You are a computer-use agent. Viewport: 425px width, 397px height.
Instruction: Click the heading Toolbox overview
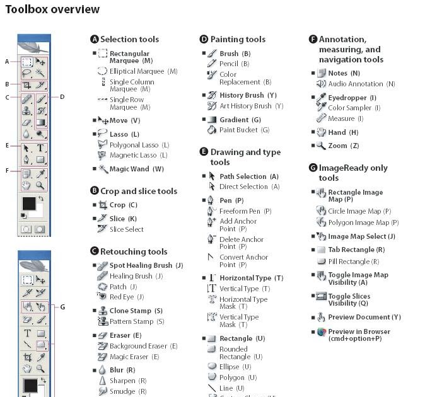pyautogui.click(x=52, y=9)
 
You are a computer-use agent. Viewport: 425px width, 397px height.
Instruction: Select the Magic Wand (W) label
pyautogui.click(x=136, y=169)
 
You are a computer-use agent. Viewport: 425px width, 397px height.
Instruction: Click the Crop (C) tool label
pyautogui.click(x=123, y=205)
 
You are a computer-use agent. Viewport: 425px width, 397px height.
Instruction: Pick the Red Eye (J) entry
pyautogui.click(x=126, y=297)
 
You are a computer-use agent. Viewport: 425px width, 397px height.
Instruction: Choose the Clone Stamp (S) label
pyautogui.click(x=136, y=311)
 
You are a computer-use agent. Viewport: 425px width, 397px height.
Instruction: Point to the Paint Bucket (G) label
pyautogui.click(x=244, y=130)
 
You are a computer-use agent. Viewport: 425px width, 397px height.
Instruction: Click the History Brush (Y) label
pyautogui.click(x=248, y=95)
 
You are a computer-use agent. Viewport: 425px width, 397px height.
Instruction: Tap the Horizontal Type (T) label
pyautogui.click(x=251, y=278)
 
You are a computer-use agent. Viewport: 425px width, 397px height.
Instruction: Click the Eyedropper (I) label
pyautogui.click(x=352, y=98)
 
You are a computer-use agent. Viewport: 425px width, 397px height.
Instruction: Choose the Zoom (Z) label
pyautogui.click(x=343, y=146)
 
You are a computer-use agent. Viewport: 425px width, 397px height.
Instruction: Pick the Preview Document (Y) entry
pyautogui.click(x=364, y=317)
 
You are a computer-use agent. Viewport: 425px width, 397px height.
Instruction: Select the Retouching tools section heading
pyautogui.click(x=134, y=251)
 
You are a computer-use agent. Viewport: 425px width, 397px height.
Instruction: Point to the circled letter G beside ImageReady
pyautogui.click(x=313, y=168)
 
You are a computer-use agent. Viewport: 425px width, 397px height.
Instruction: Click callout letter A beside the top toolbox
pyautogui.click(x=7, y=62)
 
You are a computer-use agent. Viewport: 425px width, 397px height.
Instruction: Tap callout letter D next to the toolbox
pyautogui.click(x=62, y=97)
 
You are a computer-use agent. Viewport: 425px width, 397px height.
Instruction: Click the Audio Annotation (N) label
pyautogui.click(x=361, y=84)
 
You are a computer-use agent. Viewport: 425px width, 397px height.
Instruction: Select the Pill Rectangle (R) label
pyautogui.click(x=353, y=262)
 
